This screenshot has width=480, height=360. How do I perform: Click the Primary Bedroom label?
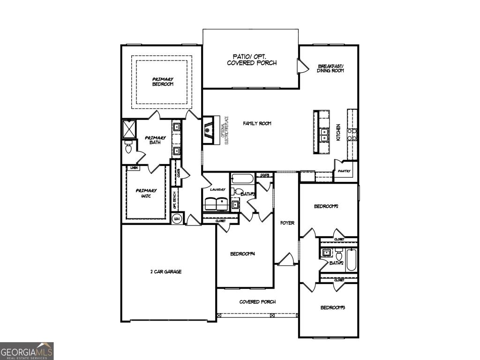click(163, 82)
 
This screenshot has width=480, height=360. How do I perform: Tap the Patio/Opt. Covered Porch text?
click(252, 59)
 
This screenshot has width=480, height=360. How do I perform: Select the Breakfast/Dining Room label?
click(330, 68)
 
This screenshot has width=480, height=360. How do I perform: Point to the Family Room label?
click(257, 123)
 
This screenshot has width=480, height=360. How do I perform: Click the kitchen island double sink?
click(323, 135)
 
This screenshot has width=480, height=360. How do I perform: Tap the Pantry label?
click(344, 171)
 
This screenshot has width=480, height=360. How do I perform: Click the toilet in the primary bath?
click(128, 148)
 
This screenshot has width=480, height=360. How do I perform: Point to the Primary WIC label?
click(146, 193)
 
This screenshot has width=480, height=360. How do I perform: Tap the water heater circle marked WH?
click(177, 219)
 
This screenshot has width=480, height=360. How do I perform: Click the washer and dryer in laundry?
click(216, 204)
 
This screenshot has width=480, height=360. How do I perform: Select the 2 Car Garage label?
click(165, 271)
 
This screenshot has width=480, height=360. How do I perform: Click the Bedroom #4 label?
click(242, 254)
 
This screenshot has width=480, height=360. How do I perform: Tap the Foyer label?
click(287, 223)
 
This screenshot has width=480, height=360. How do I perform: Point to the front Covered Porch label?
click(257, 302)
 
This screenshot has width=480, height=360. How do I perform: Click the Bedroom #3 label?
click(333, 307)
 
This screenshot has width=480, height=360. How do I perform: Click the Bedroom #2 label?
click(326, 206)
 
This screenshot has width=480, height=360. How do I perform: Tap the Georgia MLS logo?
click(27, 351)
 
